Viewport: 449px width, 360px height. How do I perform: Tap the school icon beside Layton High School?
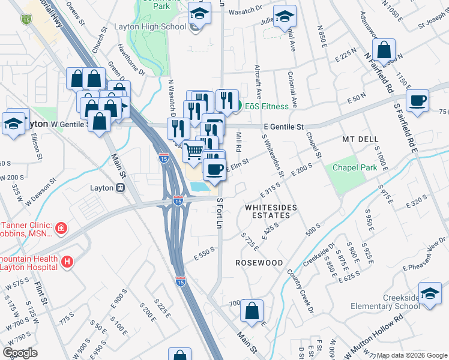tap(200, 14)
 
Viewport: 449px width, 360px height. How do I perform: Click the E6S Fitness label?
tap(266, 106)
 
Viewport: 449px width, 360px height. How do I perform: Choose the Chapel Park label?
tap(356, 167)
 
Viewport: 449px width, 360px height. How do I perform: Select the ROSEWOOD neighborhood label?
tap(259, 263)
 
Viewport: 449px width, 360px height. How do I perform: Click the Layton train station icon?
tap(121, 188)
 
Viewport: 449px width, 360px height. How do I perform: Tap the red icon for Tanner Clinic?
tap(61, 228)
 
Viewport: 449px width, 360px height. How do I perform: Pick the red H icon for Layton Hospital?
tap(67, 262)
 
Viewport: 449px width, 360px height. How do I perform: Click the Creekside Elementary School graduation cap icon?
tap(430, 294)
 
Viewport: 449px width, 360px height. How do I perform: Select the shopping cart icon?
tap(193, 151)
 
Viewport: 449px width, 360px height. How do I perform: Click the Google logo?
tap(20, 353)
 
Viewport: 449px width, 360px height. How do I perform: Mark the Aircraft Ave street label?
tap(258, 82)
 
